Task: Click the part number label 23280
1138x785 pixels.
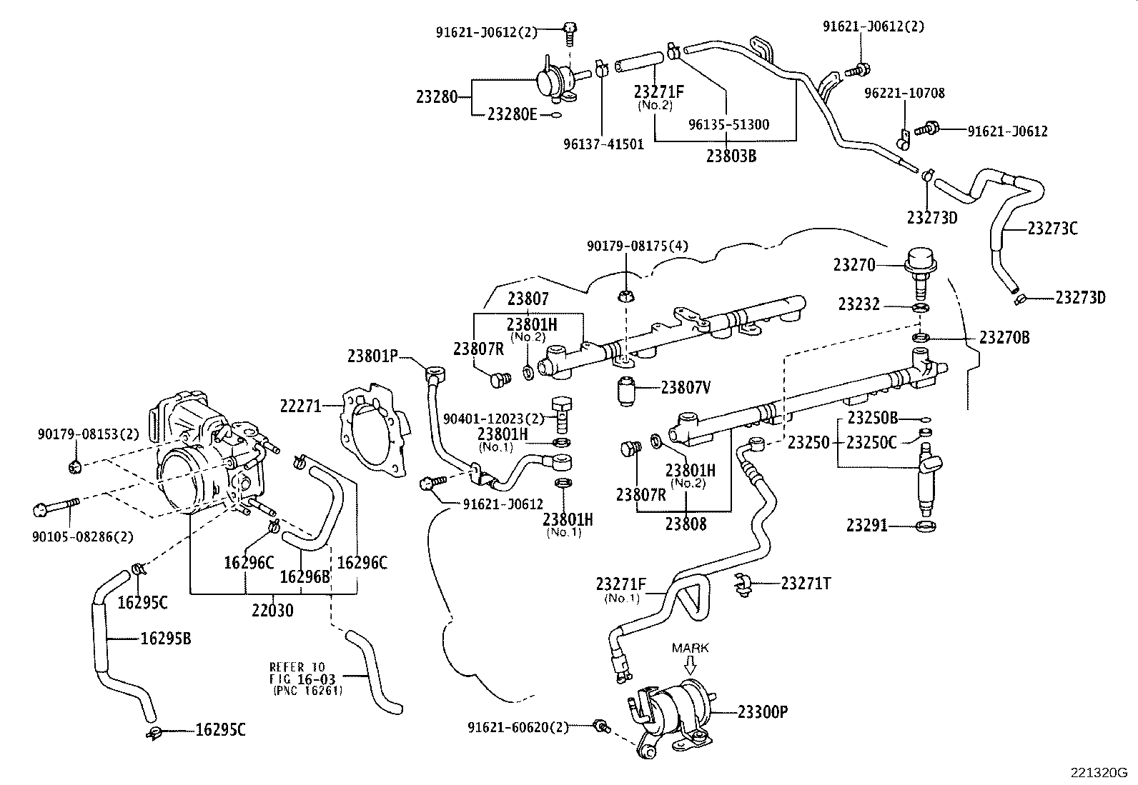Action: [x=436, y=96]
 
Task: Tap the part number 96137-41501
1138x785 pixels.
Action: [x=603, y=144]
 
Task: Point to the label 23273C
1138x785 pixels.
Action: [x=1052, y=229]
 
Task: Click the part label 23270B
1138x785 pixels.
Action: [x=1004, y=338]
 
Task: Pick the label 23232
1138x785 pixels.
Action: [x=859, y=306]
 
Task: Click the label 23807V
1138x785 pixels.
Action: [x=686, y=388]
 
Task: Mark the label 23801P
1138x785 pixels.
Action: [x=372, y=354]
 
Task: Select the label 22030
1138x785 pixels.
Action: [x=272, y=611]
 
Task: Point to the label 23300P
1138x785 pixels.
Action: [x=763, y=711]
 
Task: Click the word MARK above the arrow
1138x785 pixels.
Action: [x=690, y=648]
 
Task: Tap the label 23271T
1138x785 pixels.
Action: [x=806, y=584]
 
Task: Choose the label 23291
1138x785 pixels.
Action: [x=867, y=526]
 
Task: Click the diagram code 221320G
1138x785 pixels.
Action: [x=1098, y=772]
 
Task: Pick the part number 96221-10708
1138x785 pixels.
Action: [x=904, y=93]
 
